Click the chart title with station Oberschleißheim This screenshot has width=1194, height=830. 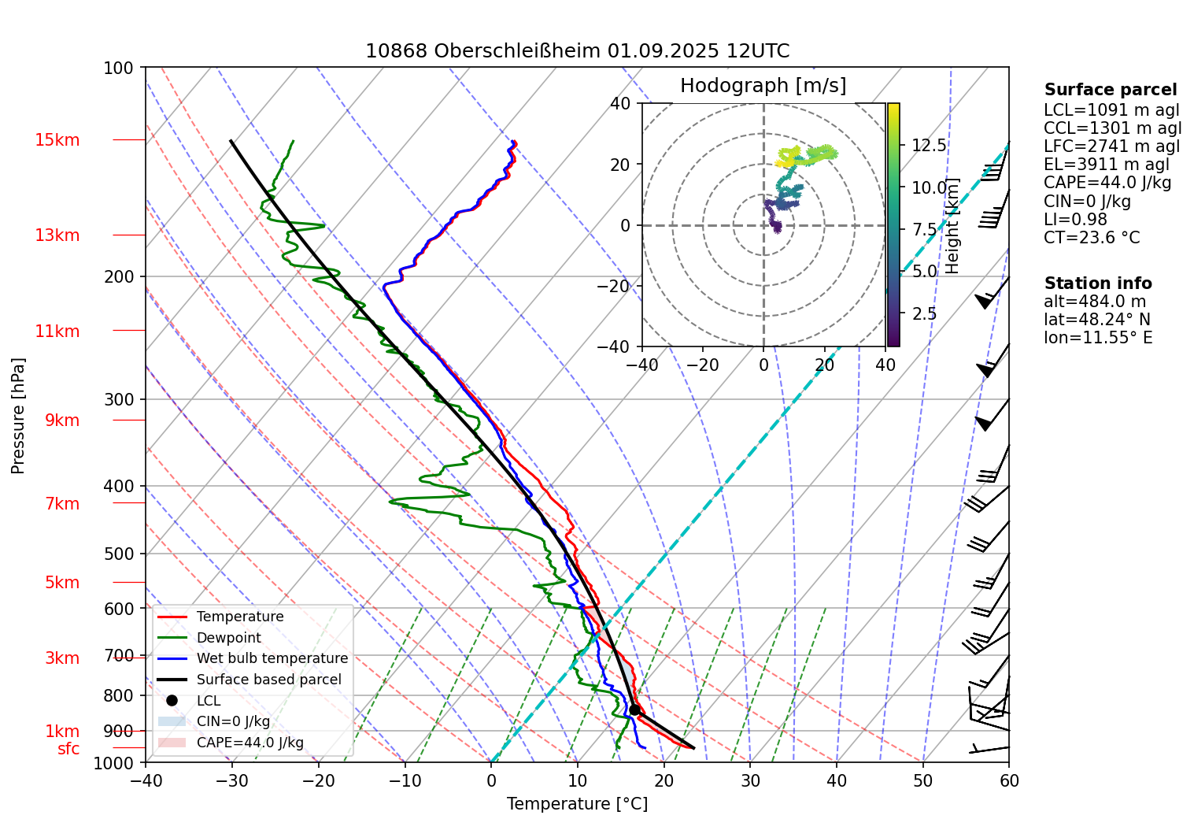(577, 51)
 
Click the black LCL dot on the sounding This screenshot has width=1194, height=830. (634, 710)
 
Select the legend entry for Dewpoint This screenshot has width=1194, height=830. (228, 638)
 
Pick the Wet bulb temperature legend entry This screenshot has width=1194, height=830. (272, 658)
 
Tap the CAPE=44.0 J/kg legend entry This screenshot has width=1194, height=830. (250, 743)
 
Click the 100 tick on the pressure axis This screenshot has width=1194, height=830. (119, 68)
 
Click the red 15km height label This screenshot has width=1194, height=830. (57, 140)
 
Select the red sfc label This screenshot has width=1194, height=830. (68, 749)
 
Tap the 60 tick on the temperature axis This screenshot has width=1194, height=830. (1009, 781)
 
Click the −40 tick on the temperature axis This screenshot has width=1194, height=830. (146, 781)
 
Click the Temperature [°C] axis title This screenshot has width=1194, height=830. (577, 804)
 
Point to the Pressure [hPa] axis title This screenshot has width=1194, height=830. (18, 416)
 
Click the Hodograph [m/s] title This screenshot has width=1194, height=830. (763, 86)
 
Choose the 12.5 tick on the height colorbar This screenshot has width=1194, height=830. (929, 146)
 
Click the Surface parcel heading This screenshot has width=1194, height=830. (1110, 90)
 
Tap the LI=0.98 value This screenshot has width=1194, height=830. (1075, 220)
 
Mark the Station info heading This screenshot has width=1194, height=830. (1097, 283)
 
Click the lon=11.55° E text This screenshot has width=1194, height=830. (1098, 338)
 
